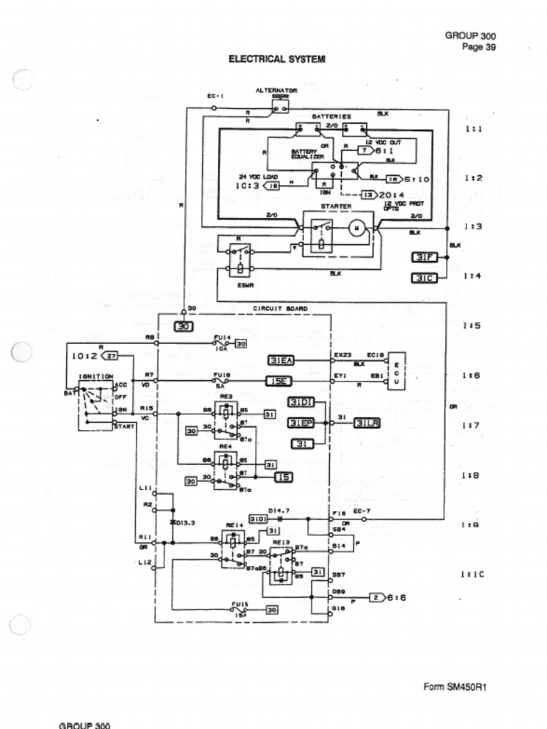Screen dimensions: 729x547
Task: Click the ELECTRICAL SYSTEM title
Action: [x=276, y=59]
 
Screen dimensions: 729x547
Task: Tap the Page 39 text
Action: [x=479, y=48]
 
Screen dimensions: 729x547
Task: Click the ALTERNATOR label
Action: [x=276, y=90]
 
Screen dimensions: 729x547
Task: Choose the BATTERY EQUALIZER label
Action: [x=307, y=154]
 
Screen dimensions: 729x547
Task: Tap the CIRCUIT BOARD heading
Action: [x=280, y=309]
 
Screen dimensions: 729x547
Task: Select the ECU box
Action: [x=396, y=370]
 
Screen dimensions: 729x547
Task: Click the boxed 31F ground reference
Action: [x=424, y=257]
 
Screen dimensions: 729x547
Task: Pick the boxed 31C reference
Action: [x=424, y=277]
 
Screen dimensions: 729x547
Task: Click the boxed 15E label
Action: [x=278, y=382]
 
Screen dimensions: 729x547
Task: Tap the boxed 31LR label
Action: [x=368, y=423]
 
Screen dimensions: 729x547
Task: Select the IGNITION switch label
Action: [x=95, y=376]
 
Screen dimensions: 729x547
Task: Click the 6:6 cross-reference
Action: [x=396, y=597]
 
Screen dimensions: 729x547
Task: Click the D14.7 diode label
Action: [x=278, y=510]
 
